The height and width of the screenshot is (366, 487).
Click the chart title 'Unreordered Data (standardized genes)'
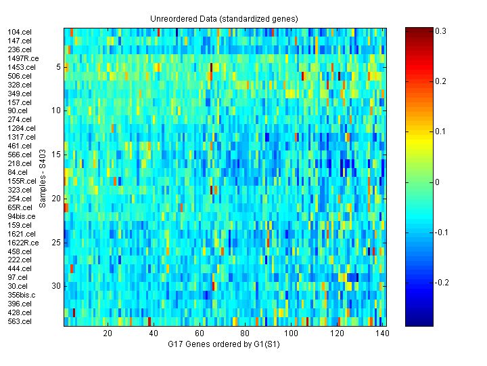coord(224,18)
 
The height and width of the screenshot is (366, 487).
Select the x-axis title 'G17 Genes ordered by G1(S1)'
coord(224,345)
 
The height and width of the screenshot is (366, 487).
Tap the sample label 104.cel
coord(19,32)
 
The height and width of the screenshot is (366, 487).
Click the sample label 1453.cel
coord(21,67)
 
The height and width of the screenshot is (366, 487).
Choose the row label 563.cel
coord(19,321)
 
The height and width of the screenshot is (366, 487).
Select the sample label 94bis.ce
coord(22,216)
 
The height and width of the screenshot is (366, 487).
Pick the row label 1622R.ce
coord(23,243)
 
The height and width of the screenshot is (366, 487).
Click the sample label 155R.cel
coord(22,181)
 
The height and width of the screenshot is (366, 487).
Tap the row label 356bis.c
coord(22,295)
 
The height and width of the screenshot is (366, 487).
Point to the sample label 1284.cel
coord(21,128)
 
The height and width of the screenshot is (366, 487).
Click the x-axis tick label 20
coord(108,333)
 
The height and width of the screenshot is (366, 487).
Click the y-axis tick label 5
coord(59,67)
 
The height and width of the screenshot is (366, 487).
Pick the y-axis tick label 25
coord(57,243)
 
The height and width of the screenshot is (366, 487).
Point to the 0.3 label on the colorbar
coord(441,31)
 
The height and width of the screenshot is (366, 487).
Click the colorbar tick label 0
coord(438,182)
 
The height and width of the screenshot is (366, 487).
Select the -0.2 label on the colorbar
coord(442,282)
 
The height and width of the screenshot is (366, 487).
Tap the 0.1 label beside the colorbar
coord(441,131)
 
